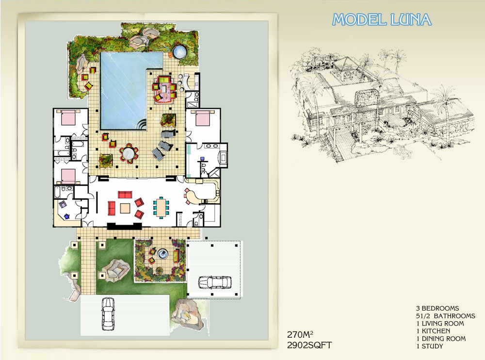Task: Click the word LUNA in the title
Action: pyautogui.click(x=411, y=19)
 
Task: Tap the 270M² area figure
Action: pyautogui.click(x=300, y=335)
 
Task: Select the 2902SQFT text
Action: pyautogui.click(x=309, y=345)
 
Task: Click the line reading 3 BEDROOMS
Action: pyautogui.click(x=437, y=308)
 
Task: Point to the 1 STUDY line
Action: pyautogui.click(x=430, y=346)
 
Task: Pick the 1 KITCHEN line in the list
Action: pyautogui.click(x=433, y=331)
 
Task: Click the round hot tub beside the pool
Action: pyautogui.click(x=180, y=52)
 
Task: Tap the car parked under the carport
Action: pyautogui.click(x=215, y=282)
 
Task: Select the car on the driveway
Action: pyautogui.click(x=108, y=314)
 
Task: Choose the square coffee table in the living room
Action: pyautogui.click(x=125, y=208)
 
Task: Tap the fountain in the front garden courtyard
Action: pyautogui.click(x=162, y=254)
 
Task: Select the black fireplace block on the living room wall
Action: pyautogui.click(x=125, y=226)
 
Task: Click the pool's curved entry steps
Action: pyautogui.click(x=142, y=125)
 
